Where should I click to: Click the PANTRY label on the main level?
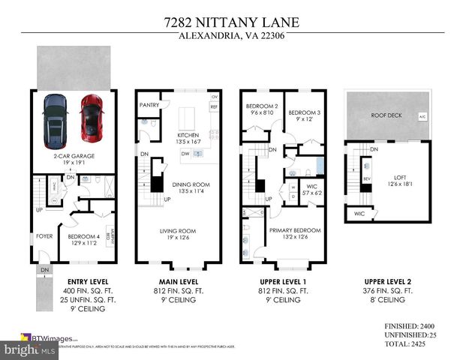149,105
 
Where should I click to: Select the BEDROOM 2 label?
262,106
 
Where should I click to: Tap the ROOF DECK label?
387,115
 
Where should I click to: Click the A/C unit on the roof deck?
422,116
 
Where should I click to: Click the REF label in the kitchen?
214,107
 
